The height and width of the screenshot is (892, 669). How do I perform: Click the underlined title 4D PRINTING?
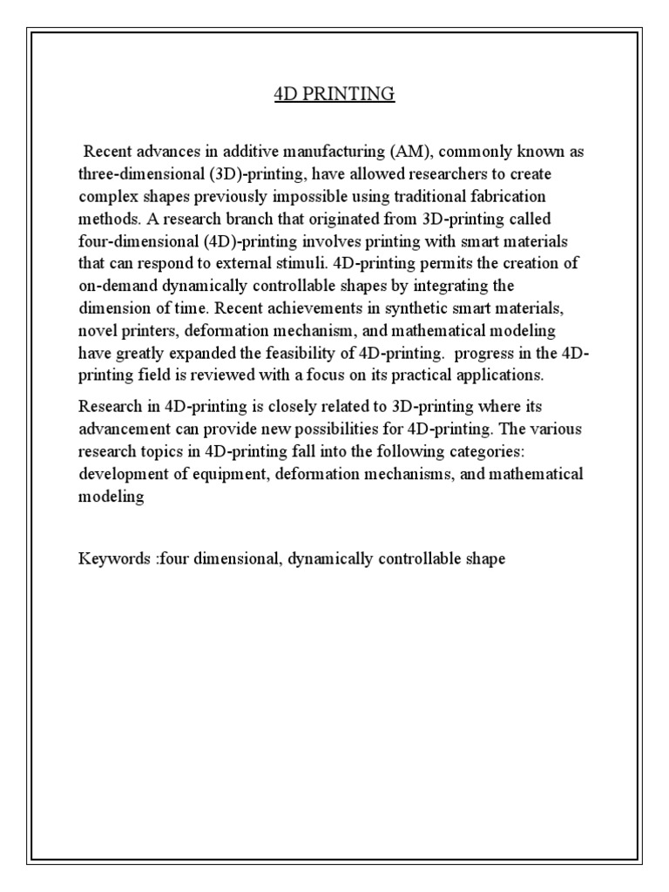[334, 93]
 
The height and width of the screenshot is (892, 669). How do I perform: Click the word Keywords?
[114, 558]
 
